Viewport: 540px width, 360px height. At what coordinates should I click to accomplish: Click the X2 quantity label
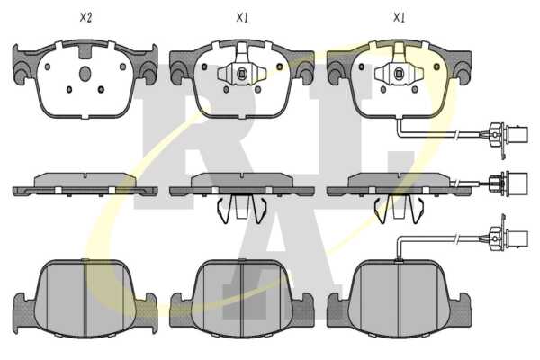(85, 18)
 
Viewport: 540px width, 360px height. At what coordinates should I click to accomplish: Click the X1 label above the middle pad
(242, 18)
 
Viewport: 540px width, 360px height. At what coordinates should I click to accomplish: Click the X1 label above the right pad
(399, 18)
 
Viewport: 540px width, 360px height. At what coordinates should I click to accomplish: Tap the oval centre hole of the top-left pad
(85, 74)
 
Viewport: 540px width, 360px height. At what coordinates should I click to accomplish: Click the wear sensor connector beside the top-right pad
(508, 134)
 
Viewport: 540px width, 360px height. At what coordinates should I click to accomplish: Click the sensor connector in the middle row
(509, 182)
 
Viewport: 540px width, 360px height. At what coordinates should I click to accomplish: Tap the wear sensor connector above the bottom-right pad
(509, 238)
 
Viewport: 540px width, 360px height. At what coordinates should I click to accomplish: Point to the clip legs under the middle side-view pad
(242, 209)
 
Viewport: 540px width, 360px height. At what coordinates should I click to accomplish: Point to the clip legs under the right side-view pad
(399, 209)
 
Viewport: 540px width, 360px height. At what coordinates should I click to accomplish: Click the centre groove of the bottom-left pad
(85, 298)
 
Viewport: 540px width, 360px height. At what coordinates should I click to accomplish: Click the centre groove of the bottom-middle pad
(242, 298)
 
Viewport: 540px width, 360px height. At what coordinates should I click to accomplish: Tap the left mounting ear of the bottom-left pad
(24, 309)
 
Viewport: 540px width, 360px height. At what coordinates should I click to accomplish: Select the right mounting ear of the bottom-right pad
(460, 309)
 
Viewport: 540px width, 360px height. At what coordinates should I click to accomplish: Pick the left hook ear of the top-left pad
(22, 67)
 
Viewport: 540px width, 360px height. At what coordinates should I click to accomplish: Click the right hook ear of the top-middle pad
(304, 67)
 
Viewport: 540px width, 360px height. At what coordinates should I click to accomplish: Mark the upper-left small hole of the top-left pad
(48, 67)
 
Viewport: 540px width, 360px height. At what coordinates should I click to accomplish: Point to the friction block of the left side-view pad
(85, 180)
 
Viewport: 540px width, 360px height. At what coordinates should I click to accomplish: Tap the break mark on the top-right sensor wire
(456, 135)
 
